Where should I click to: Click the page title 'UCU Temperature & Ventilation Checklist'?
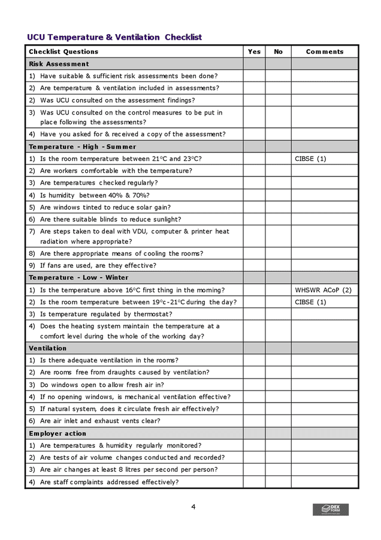coord(114,37)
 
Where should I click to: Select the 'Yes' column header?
coord(254,52)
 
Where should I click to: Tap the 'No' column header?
coord(278,52)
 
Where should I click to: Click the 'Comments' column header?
coord(325,52)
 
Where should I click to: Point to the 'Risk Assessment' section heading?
coord(59,64)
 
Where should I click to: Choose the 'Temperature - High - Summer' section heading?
coord(82,146)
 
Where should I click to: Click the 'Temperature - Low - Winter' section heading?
coord(78,278)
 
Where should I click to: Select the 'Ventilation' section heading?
coord(47,348)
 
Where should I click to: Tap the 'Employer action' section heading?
coord(58,433)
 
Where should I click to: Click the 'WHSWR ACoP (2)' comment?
coord(323,290)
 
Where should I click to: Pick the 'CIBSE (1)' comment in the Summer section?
coord(310,159)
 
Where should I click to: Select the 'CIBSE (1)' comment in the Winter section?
coord(310,302)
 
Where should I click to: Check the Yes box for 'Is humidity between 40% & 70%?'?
coord(254,195)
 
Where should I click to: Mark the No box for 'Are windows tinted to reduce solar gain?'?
coord(278,207)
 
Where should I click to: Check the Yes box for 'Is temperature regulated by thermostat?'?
coord(254,314)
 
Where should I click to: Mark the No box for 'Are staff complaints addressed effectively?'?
coord(278,482)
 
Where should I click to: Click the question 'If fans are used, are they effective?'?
coord(98,265)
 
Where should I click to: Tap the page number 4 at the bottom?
coord(193,507)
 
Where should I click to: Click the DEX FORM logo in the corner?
coord(330,509)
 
